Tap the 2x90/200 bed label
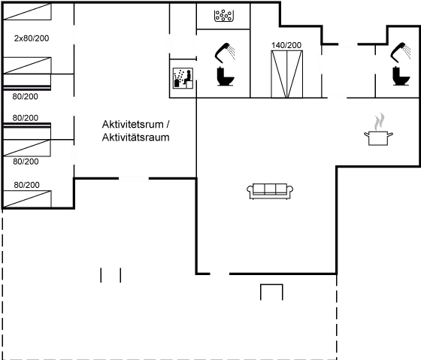32,37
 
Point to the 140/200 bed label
286,46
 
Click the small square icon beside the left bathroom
182,77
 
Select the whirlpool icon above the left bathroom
224,14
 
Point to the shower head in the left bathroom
226,53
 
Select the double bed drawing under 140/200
286,72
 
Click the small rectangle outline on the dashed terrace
271,292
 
